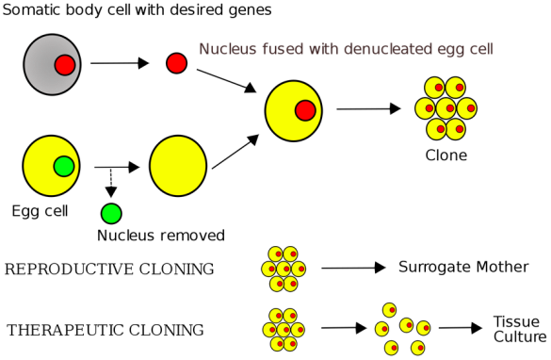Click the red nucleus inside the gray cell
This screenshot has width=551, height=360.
point(64,65)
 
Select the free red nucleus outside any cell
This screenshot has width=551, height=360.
point(176,63)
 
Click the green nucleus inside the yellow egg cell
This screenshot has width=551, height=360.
point(63,166)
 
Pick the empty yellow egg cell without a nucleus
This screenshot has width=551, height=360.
point(178,166)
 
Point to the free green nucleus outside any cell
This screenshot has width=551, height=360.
point(111,214)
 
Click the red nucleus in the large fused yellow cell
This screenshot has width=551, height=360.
point(305,110)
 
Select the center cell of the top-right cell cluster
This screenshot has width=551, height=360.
point(446,108)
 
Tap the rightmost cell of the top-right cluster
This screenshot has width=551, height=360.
point(466,108)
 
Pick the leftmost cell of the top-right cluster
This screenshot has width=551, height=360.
point(425,108)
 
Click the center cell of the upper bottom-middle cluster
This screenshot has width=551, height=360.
point(284,269)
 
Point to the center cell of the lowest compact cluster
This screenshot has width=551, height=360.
point(284,330)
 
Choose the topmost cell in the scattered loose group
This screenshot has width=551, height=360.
point(389,309)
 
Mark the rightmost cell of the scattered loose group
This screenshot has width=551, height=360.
point(423,328)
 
